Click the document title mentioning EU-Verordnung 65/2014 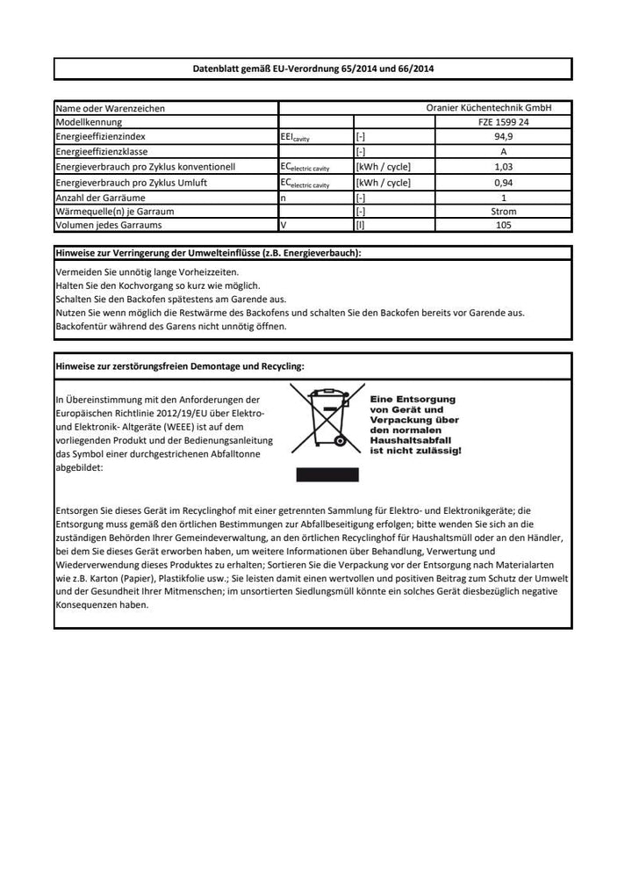[x=312, y=69]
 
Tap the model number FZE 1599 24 [x=503, y=123]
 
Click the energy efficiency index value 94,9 [x=503, y=137]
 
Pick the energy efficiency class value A [x=503, y=151]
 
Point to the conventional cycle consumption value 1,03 [x=503, y=166]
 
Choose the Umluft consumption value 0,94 [x=503, y=183]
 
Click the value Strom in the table [x=503, y=212]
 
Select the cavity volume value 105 [x=503, y=226]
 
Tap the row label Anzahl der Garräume [x=100, y=198]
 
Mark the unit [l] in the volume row [x=361, y=226]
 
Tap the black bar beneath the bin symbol [x=327, y=474]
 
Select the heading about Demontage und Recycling [x=180, y=365]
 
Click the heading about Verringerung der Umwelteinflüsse [x=208, y=253]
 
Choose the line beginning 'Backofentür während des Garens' [x=170, y=326]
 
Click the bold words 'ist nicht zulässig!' [x=415, y=450]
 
